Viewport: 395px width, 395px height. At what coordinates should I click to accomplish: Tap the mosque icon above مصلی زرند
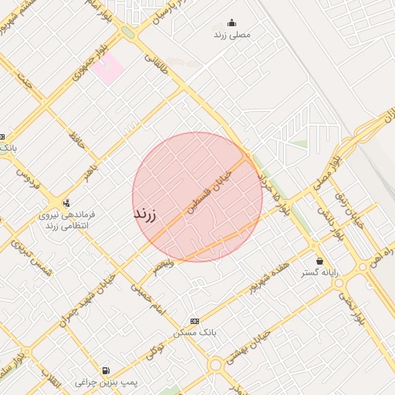(x=231, y=23)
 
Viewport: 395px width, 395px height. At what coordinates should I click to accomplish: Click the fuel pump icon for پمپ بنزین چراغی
(x=105, y=370)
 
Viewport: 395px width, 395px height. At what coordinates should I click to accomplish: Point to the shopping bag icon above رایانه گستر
(x=319, y=260)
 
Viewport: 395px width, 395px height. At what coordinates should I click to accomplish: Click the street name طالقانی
(x=159, y=63)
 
